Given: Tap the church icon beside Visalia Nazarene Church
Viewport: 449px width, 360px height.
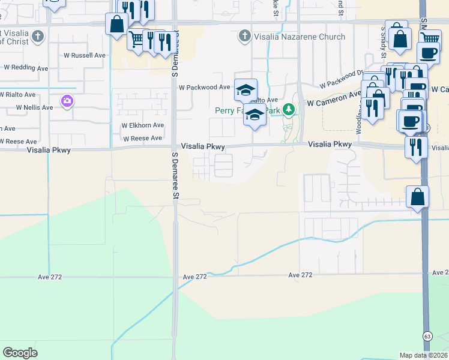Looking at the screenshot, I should pos(244,36).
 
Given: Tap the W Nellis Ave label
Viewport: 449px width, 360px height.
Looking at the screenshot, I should pos(34,107).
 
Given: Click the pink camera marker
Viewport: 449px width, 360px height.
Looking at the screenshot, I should pos(67,101).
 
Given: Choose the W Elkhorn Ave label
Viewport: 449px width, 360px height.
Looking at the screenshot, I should pos(142,125).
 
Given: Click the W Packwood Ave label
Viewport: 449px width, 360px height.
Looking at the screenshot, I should pos(205,87).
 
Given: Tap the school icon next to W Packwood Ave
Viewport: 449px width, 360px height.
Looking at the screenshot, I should pos(246,90).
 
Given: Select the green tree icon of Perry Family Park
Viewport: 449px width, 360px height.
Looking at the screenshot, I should pos(289,109).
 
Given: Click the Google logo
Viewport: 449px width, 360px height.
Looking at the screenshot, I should pos(20,353).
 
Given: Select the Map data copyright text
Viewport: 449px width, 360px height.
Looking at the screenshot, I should pos(423,355).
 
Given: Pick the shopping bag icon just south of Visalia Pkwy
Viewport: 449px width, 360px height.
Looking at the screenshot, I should pos(418,197).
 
